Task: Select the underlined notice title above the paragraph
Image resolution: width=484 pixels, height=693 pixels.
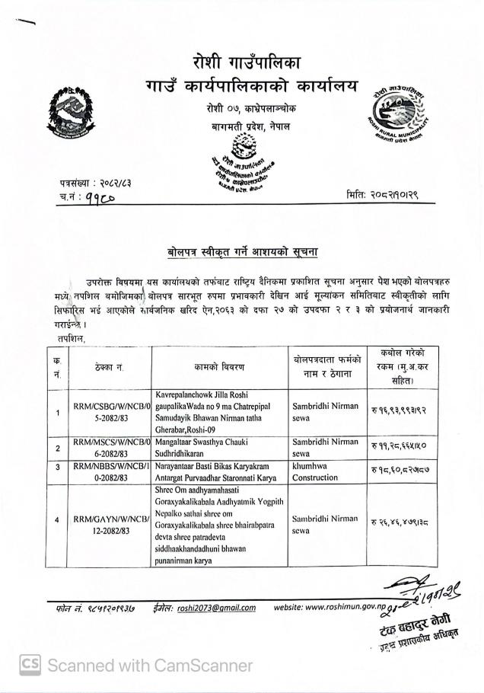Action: click(241, 251)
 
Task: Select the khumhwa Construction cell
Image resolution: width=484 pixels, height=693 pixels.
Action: click(315, 471)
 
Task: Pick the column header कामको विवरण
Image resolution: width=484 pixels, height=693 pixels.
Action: click(219, 367)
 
